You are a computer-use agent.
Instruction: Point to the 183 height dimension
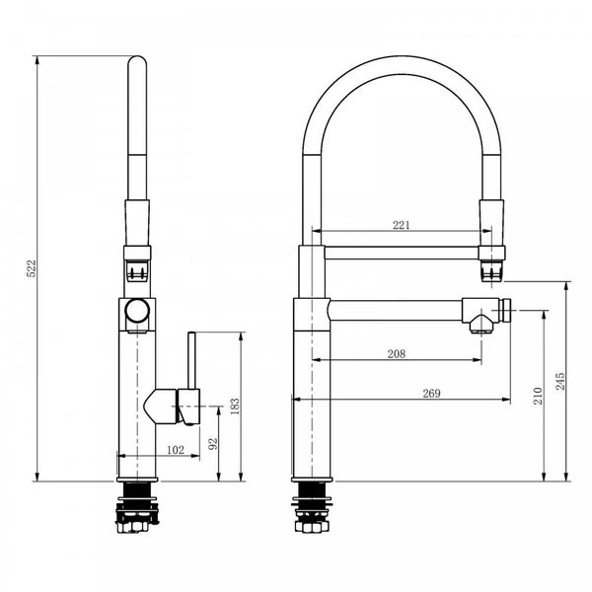[x=235, y=407]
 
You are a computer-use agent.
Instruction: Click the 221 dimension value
[x=402, y=225]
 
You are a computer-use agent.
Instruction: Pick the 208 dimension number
[x=396, y=353]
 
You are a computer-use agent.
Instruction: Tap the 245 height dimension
[x=561, y=381]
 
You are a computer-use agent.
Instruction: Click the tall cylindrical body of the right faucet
[x=311, y=395]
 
